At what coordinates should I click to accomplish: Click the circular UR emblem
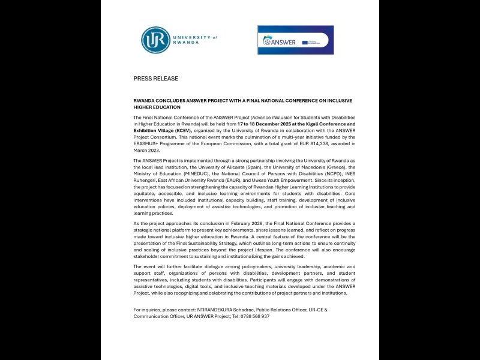pyautogui.click(x=154, y=40)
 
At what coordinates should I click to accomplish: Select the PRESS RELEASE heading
pyautogui.click(x=155, y=79)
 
